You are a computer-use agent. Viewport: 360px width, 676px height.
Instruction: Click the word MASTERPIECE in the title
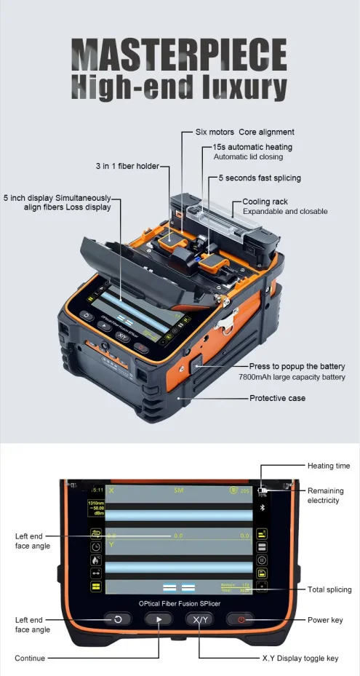tap(180, 56)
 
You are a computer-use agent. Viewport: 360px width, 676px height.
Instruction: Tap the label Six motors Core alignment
tap(245, 132)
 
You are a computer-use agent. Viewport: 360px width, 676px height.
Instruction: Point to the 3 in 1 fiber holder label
tap(127, 167)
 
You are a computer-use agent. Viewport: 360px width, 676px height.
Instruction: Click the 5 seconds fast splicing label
tap(260, 178)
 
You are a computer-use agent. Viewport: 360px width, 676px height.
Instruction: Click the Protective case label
tap(277, 398)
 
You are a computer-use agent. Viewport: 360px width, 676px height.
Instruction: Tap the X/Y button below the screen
tap(199, 619)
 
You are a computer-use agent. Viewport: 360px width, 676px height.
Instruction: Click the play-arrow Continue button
tap(159, 619)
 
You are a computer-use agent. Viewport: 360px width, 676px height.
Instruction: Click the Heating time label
tap(329, 465)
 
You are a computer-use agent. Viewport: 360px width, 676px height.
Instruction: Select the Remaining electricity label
tap(325, 496)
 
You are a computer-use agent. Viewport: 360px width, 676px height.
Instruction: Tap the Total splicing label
tap(329, 589)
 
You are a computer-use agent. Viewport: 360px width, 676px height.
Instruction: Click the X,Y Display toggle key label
tap(300, 658)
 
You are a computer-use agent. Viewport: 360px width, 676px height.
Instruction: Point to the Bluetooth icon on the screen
tap(263, 506)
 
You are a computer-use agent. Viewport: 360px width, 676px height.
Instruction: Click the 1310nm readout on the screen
tap(95, 503)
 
